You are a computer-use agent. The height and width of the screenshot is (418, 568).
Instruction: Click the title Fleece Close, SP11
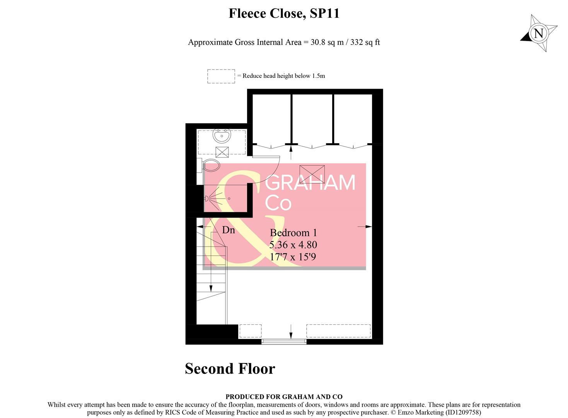(x=284, y=14)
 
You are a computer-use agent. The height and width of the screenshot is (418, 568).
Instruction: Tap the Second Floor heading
(x=230, y=369)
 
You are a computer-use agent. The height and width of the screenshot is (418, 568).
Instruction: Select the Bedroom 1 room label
(x=293, y=233)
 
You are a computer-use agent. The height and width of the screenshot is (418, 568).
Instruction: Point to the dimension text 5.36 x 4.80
(x=293, y=245)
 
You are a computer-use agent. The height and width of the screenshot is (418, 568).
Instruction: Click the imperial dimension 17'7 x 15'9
(x=293, y=257)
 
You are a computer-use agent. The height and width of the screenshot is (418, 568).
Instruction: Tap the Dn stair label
(x=229, y=230)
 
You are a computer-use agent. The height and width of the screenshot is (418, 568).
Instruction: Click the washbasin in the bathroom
(x=222, y=136)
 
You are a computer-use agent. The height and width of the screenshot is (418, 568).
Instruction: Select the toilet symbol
(x=210, y=165)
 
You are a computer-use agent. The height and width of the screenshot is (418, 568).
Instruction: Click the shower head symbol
(x=207, y=199)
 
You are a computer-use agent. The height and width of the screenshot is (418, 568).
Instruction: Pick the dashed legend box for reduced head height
(x=221, y=76)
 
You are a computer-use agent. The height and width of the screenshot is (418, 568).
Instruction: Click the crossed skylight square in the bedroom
(x=312, y=174)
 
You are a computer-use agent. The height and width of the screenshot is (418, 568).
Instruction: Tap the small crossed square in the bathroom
(x=222, y=152)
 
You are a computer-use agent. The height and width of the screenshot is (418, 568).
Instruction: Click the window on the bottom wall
(x=284, y=342)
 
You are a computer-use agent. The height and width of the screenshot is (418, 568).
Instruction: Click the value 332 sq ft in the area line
(x=365, y=42)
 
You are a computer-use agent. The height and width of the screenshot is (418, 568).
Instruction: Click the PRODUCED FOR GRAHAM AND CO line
(x=284, y=397)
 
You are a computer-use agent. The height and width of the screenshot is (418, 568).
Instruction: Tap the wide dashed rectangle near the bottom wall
(x=338, y=331)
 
